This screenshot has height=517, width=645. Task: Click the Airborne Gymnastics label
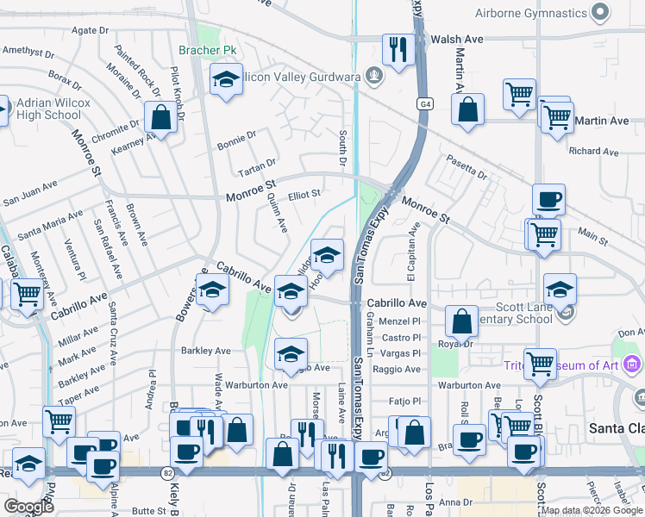[529, 13]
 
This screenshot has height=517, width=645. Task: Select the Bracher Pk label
[207, 51]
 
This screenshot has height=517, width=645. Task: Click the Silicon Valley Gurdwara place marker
[374, 77]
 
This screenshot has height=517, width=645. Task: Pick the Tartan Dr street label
[259, 162]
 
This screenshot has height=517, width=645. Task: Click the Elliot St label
[304, 195]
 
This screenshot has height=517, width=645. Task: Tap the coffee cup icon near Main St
[548, 201]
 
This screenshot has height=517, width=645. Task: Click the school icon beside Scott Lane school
[560, 290]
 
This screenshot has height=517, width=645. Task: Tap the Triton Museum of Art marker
[632, 364]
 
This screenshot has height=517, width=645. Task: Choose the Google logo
[28, 507]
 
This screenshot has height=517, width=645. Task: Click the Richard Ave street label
[593, 152]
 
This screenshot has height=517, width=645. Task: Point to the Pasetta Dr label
[467, 167]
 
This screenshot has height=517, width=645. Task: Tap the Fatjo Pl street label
[404, 402]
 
